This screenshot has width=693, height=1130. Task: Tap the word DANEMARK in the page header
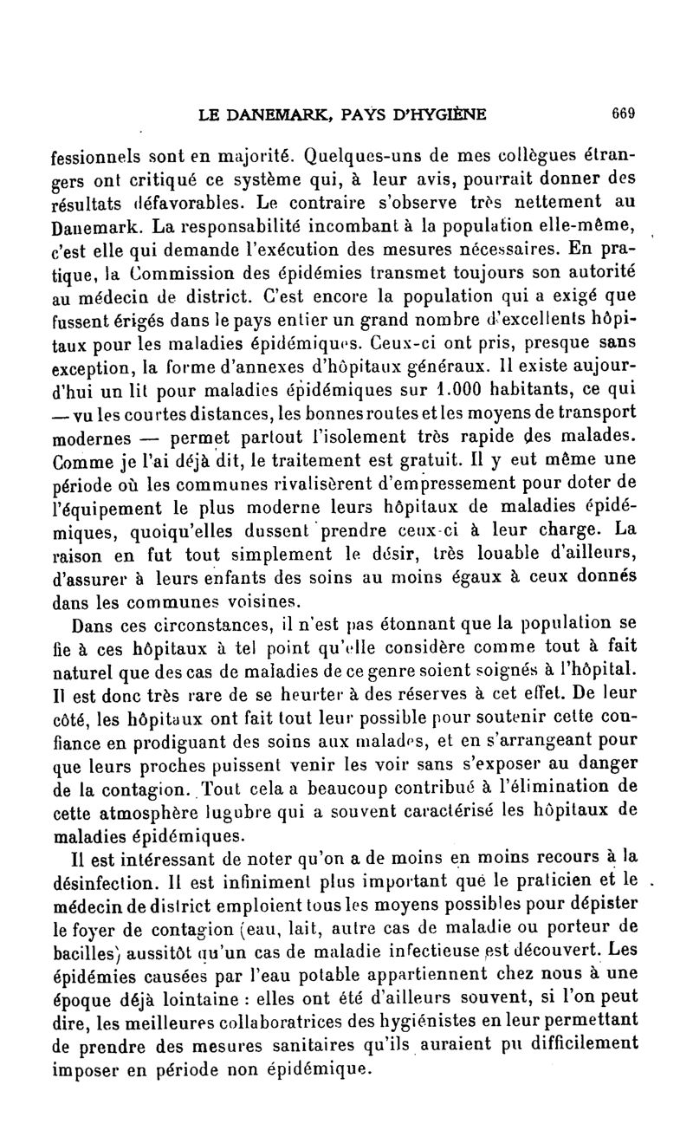(271, 113)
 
